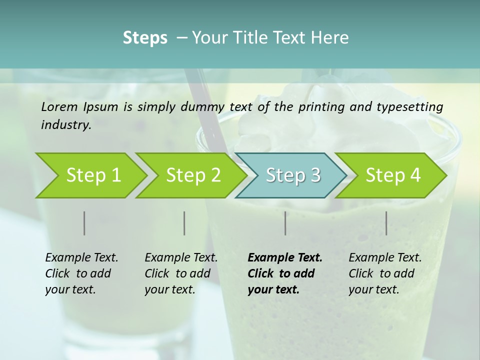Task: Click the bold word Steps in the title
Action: point(145,38)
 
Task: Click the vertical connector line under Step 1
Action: point(84,223)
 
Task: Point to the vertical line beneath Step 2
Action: point(184,223)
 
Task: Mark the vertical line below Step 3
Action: point(285,223)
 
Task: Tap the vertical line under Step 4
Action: point(386,223)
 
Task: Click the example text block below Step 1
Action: point(81,273)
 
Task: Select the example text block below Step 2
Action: point(181,273)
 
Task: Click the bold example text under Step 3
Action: point(285,273)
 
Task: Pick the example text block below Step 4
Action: point(385,273)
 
